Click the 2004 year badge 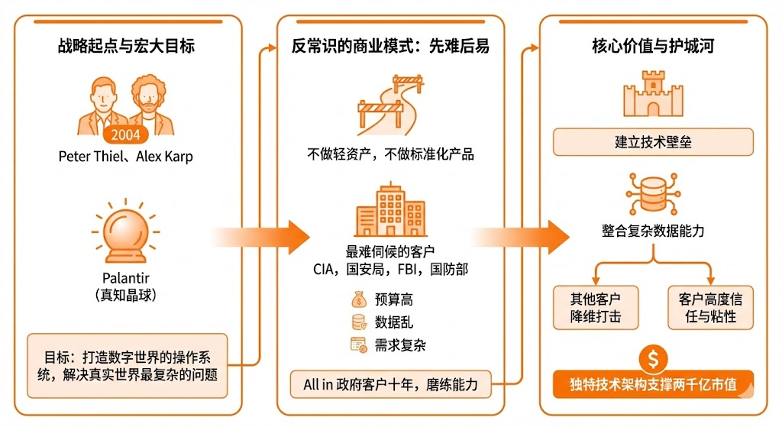click(126, 135)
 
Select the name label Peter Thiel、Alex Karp click(126, 157)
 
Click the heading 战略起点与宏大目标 click(126, 46)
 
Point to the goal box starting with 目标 click(128, 365)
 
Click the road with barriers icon click(390, 104)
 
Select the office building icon click(390, 212)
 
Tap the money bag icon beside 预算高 click(358, 299)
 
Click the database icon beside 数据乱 click(358, 322)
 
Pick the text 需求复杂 click(400, 345)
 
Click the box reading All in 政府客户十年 click(390, 384)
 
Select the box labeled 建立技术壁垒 click(653, 142)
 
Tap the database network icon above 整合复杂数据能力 click(653, 196)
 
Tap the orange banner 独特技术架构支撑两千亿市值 click(653, 384)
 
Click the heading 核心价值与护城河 click(653, 46)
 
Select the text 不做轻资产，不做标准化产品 click(390, 154)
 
